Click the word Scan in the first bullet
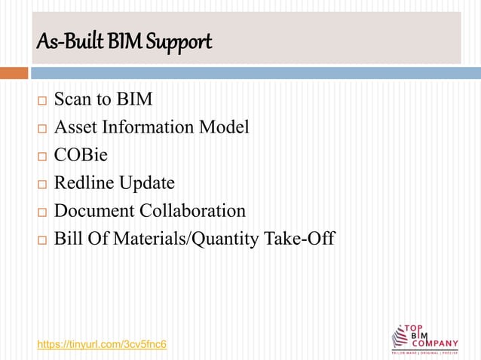74,99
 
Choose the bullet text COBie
81,155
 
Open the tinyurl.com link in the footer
102,344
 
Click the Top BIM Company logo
424,338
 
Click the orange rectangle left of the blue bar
14,73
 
